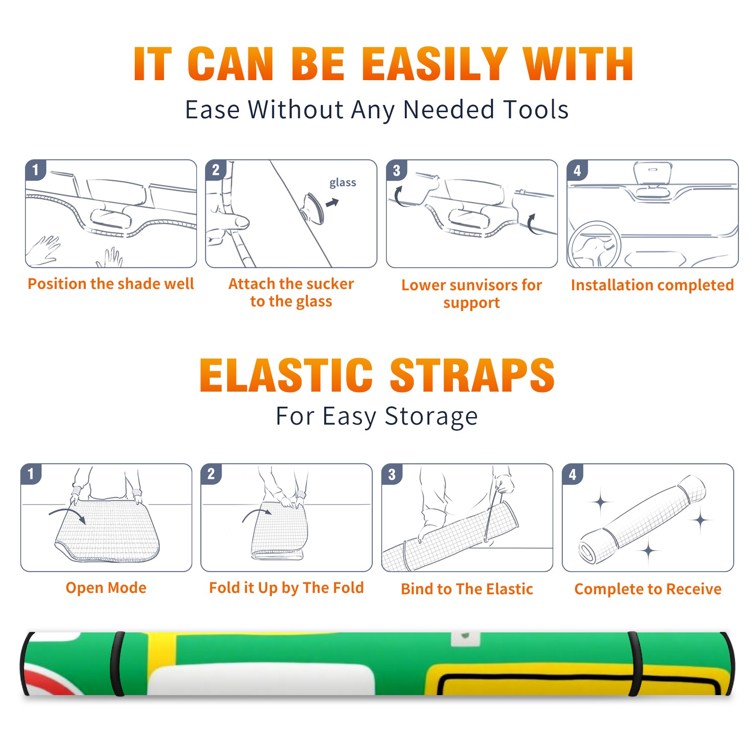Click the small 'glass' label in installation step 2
[x=343, y=183]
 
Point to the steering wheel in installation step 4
[x=594, y=245]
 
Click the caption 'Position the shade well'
[x=111, y=284]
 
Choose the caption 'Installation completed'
[x=652, y=285]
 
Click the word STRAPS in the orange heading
[x=472, y=375]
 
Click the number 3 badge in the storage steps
[x=392, y=474]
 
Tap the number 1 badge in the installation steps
[x=35, y=170]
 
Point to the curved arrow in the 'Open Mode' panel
[x=67, y=512]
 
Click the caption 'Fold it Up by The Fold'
[x=287, y=588]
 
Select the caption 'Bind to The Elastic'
[x=467, y=589]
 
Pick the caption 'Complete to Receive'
[x=648, y=589]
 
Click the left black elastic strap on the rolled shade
[x=117, y=664]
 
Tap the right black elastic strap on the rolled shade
[x=635, y=664]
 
